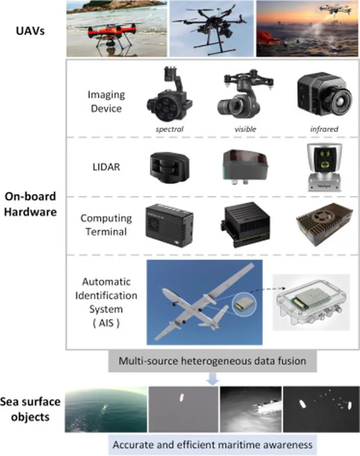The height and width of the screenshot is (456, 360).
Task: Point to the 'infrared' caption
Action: [324, 129]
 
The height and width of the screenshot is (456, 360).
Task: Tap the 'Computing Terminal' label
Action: [106, 225]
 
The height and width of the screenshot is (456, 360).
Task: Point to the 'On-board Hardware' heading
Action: [31, 204]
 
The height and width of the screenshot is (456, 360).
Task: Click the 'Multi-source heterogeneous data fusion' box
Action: [212, 361]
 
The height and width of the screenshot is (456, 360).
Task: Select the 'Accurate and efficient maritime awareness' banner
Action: [212, 444]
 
